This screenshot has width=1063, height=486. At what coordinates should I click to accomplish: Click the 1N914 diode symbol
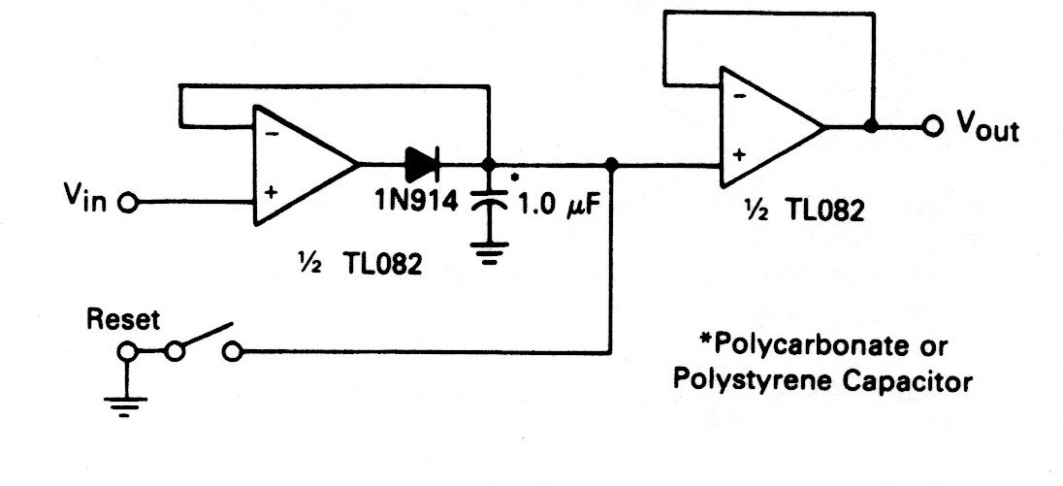422,164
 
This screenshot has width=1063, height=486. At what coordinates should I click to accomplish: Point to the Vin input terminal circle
126,204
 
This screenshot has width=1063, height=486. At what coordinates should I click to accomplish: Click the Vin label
81,201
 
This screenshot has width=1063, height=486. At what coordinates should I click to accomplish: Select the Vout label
986,126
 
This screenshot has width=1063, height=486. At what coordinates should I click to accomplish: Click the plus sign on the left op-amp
272,192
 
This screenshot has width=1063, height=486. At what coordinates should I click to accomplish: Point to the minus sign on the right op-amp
739,95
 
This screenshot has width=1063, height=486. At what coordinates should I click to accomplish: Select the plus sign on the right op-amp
739,154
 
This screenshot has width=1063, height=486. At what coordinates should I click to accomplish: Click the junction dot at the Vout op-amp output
871,127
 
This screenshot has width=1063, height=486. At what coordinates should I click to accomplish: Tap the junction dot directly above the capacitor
491,164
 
